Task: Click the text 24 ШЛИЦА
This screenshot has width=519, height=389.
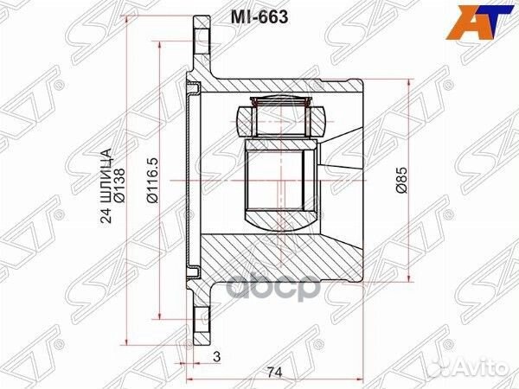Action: click(x=106, y=182)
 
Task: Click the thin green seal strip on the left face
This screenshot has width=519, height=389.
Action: click(x=189, y=181)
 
